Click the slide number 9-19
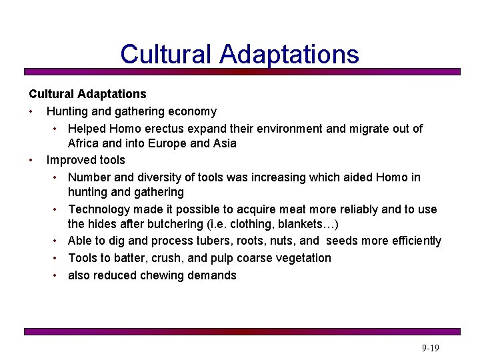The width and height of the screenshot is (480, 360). (x=430, y=348)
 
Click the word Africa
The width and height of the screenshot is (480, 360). (x=85, y=143)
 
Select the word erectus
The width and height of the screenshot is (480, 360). (x=181, y=128)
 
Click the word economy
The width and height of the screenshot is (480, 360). (x=192, y=111)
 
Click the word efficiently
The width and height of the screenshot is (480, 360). (x=411, y=241)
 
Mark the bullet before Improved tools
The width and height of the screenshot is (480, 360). (x=32, y=161)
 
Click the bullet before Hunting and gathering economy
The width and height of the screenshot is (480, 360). (x=32, y=112)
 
